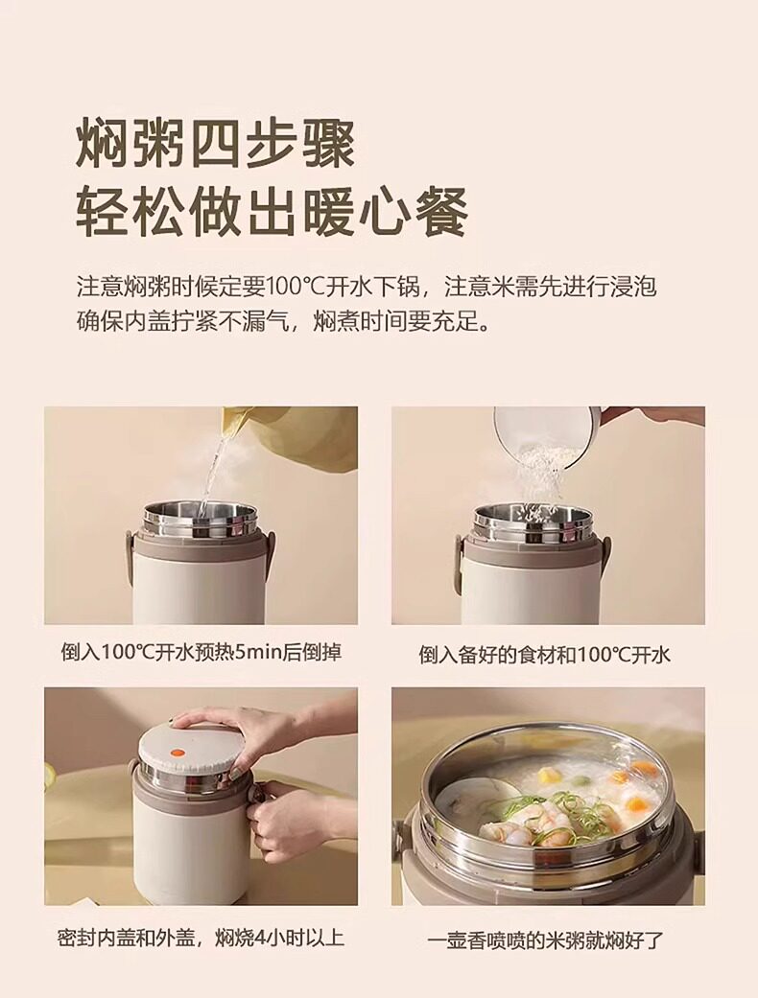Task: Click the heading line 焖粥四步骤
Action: pos(215,145)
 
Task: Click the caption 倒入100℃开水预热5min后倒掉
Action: pos(201,653)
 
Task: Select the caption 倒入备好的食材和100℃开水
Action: pos(545,654)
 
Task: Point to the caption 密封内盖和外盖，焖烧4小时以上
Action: pos(201,938)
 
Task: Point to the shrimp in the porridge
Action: pos(522,822)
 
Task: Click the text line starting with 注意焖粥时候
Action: pos(367,287)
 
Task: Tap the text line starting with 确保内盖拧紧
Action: pos(283,321)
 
